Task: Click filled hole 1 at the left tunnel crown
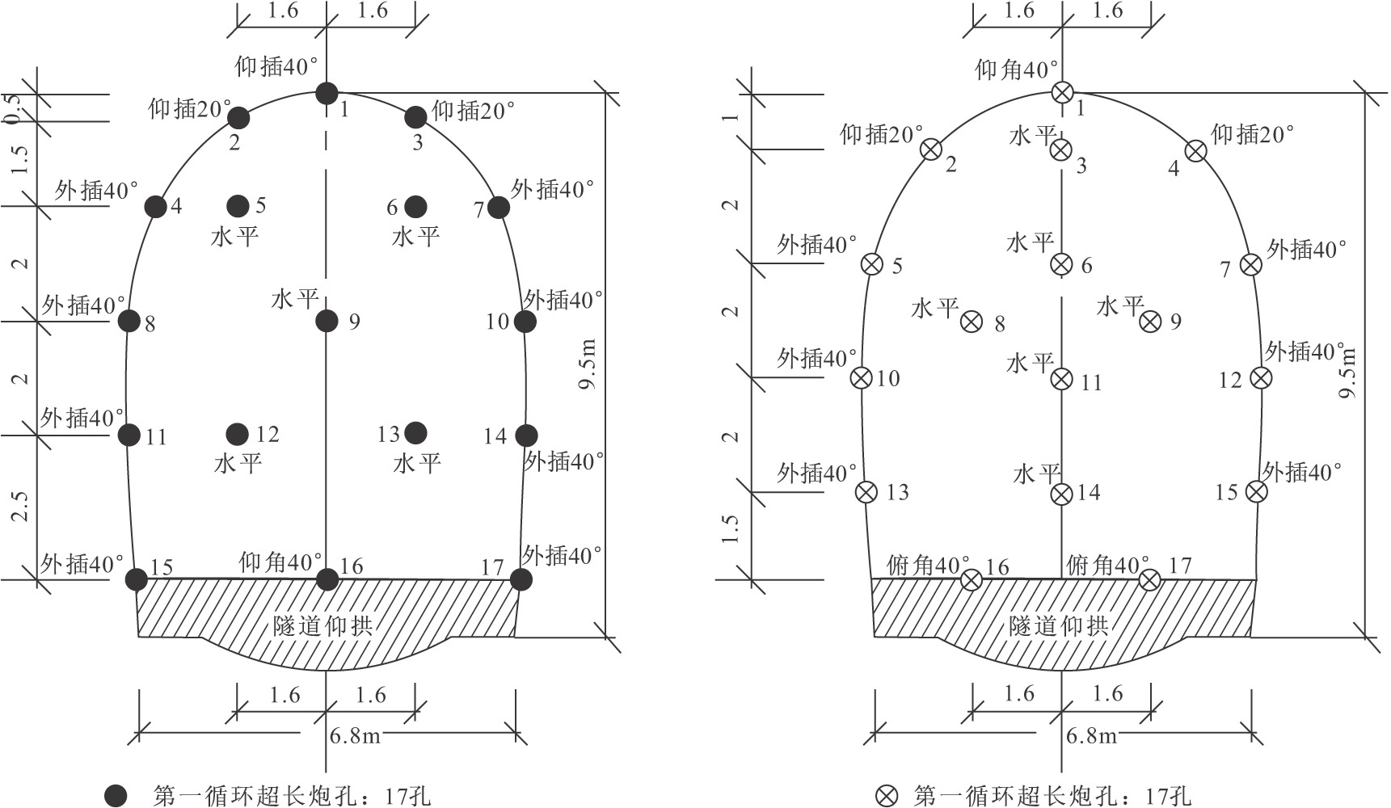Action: pyautogui.click(x=327, y=93)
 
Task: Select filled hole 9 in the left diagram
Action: pyautogui.click(x=327, y=321)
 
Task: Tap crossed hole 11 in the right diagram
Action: pyautogui.click(x=1062, y=379)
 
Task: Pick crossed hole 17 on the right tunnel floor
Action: pyautogui.click(x=1150, y=579)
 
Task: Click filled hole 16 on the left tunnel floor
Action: pyautogui.click(x=327, y=579)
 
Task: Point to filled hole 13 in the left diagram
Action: pyautogui.click(x=415, y=433)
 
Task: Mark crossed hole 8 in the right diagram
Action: pyautogui.click(x=972, y=322)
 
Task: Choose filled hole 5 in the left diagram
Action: pyautogui.click(x=238, y=206)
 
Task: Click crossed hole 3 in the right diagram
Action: pyautogui.click(x=1061, y=149)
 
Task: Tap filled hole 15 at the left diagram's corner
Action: pyautogui.click(x=137, y=579)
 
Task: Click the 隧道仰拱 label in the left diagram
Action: pyautogui.click(x=322, y=625)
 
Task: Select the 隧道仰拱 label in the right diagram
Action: pyautogui.click(x=1058, y=625)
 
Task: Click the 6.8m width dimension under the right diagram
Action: pyautogui.click(x=1091, y=736)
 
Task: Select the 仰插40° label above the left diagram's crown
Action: pyautogui.click(x=276, y=66)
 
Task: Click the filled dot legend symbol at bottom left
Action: pyautogui.click(x=116, y=795)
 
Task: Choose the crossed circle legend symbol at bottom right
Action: pyautogui.click(x=887, y=796)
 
